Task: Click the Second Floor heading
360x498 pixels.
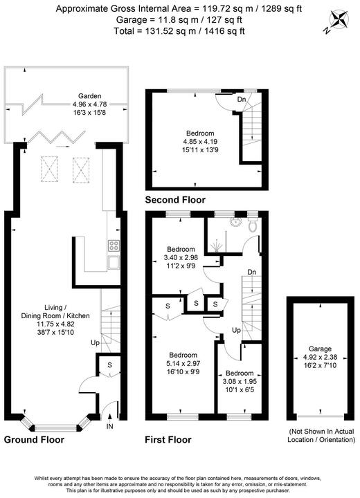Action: (x=175, y=200)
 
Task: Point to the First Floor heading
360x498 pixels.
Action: (x=168, y=439)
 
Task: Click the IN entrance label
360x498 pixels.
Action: (x=109, y=427)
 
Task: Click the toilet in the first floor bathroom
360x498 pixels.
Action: (x=253, y=225)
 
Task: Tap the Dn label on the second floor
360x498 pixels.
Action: (x=240, y=99)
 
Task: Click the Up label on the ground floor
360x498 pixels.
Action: (x=95, y=342)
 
